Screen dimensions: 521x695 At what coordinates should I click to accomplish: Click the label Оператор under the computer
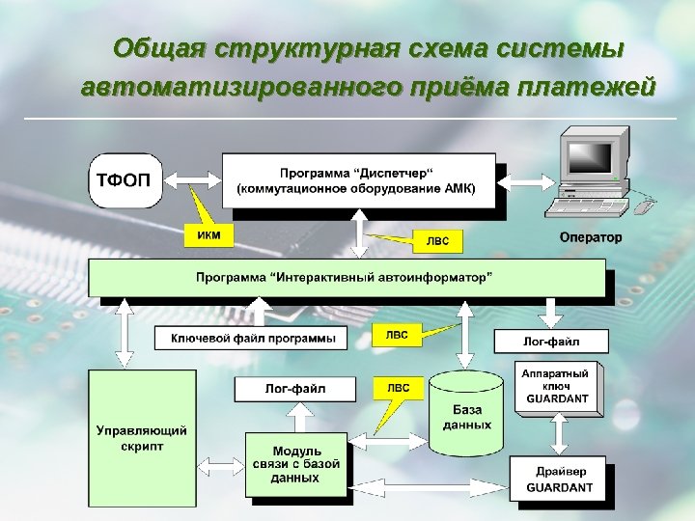coord(591,237)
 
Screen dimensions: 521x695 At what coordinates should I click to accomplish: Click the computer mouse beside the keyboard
coord(645,204)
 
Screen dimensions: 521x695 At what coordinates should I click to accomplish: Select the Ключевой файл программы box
coord(253,338)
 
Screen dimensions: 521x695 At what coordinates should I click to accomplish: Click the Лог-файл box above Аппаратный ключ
coord(552,341)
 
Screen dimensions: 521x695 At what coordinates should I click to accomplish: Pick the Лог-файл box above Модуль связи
coord(294,389)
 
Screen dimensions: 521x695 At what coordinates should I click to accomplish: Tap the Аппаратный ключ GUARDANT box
coord(557,389)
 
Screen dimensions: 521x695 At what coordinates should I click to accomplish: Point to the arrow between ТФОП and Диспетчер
coord(192,178)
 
